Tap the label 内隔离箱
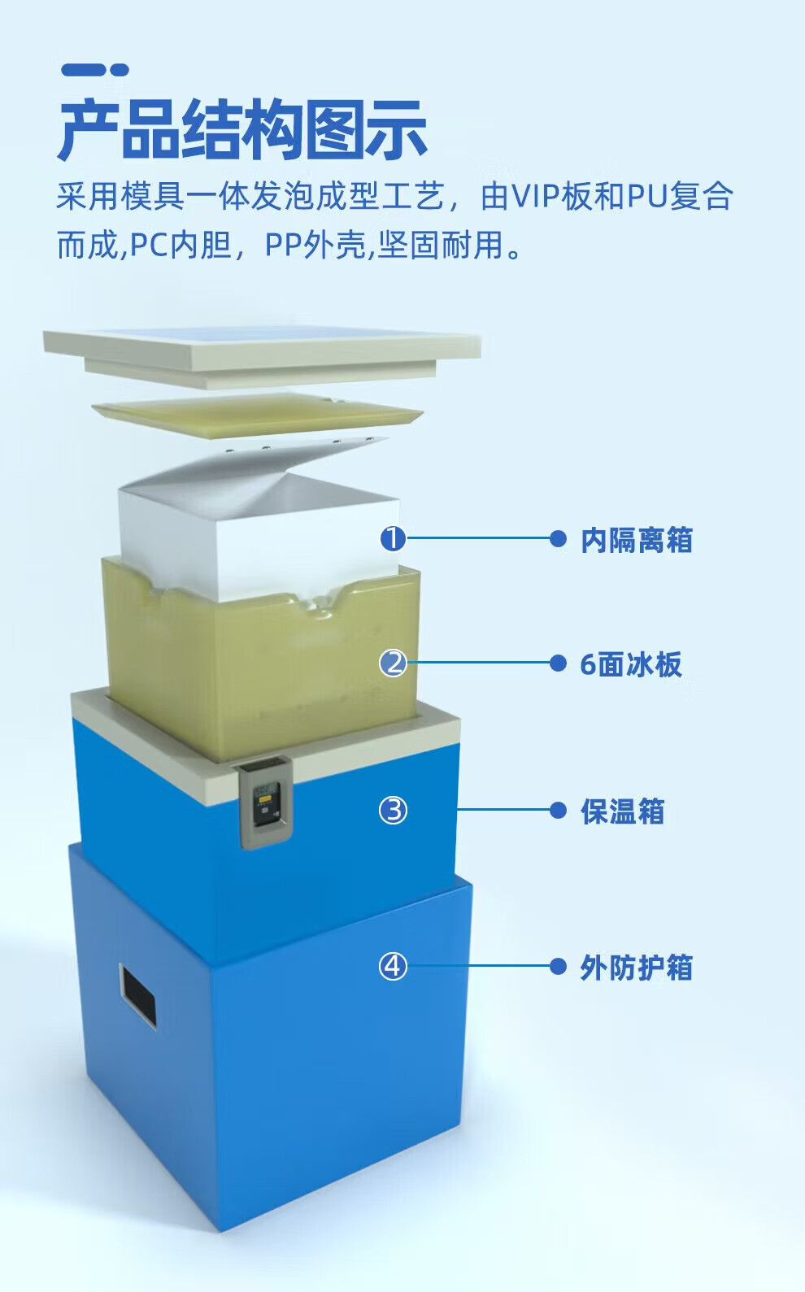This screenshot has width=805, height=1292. [x=636, y=540]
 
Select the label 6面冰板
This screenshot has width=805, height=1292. [x=630, y=664]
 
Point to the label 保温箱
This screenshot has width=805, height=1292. [x=622, y=811]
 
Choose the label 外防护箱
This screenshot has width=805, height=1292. [x=636, y=968]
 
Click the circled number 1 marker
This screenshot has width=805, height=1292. [x=393, y=538]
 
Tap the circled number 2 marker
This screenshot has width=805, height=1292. [x=393, y=663]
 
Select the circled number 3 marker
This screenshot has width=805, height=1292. [x=393, y=810]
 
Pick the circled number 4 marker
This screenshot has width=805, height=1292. [x=393, y=967]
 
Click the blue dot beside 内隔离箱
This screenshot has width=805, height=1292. [x=558, y=538]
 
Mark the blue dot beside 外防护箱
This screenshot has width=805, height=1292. [x=558, y=967]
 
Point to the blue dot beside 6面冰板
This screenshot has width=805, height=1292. [x=558, y=663]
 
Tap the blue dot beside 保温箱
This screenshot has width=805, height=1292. [x=558, y=810]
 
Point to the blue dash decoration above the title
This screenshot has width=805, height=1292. [x=94, y=70]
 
